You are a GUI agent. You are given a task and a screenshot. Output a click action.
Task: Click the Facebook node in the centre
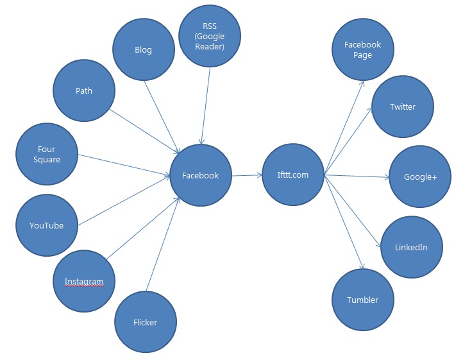(x=200, y=175)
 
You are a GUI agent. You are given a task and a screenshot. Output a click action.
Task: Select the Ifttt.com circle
(x=293, y=175)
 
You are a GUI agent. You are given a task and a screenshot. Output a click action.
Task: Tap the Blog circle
(x=143, y=50)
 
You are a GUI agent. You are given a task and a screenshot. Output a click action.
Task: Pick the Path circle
(x=83, y=90)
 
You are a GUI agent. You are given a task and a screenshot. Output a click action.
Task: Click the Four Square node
(x=46, y=154)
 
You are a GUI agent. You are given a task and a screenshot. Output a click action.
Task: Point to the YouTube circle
(x=46, y=225)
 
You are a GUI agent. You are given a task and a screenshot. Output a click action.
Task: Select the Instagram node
(x=83, y=281)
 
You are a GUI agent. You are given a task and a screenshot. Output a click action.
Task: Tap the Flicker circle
(x=145, y=321)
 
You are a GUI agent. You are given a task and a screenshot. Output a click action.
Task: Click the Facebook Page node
(x=362, y=49)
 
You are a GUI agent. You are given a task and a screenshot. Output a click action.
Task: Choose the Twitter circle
(x=403, y=107)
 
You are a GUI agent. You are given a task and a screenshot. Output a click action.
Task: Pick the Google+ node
(x=420, y=176)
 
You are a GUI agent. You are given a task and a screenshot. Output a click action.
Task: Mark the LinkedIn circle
(x=412, y=247)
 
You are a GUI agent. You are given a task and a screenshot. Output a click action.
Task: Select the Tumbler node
(x=362, y=300)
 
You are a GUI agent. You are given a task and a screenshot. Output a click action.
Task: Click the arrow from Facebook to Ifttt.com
(x=246, y=175)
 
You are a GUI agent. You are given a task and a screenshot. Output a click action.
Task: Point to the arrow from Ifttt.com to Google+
(x=357, y=175)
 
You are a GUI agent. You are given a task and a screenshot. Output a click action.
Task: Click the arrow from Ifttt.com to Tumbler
(x=345, y=221)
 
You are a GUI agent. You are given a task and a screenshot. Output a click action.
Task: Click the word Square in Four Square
(x=46, y=159)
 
